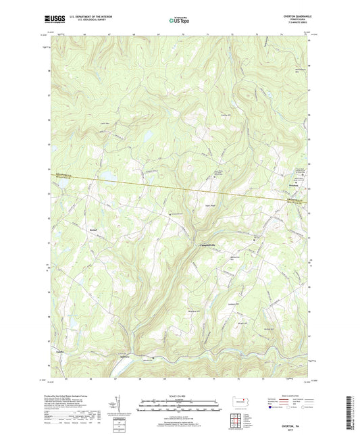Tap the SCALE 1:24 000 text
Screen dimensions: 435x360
180,395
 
